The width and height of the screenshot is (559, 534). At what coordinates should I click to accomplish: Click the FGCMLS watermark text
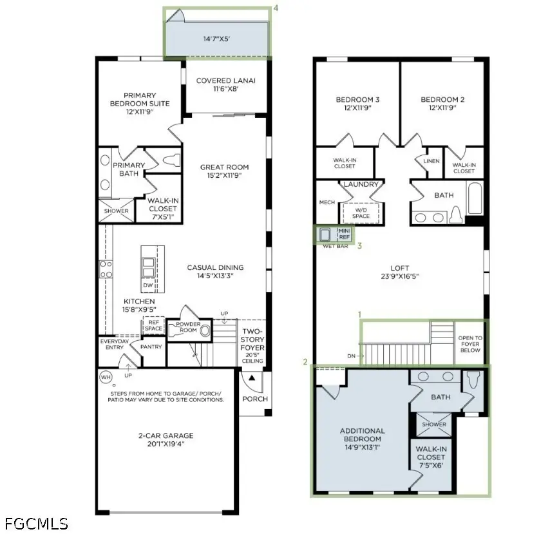click(x=36, y=524)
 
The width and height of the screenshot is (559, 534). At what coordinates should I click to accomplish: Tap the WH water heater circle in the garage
click(x=106, y=377)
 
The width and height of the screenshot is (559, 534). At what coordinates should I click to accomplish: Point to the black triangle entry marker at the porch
click(x=252, y=377)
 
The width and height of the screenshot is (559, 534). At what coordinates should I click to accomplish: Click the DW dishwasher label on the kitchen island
click(x=148, y=285)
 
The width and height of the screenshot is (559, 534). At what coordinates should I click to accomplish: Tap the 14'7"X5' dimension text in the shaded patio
click(x=216, y=39)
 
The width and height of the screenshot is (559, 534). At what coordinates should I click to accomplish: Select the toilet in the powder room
click(x=205, y=331)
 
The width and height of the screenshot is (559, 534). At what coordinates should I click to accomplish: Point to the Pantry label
click(x=151, y=347)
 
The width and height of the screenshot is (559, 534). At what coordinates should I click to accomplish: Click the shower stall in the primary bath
click(x=116, y=211)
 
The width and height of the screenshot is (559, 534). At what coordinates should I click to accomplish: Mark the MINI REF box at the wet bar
click(x=345, y=234)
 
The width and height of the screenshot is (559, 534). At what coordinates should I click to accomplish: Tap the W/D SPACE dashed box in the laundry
click(x=361, y=213)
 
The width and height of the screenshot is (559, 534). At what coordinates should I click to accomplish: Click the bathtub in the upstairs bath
click(x=475, y=198)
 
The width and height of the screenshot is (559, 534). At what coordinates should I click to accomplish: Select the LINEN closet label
click(x=431, y=161)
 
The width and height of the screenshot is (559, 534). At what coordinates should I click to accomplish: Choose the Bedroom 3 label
click(x=357, y=104)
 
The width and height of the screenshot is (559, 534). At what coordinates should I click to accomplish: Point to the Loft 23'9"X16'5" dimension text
click(x=400, y=276)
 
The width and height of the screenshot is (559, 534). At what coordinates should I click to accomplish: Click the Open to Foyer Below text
click(x=470, y=344)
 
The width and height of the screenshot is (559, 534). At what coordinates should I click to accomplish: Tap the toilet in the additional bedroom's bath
click(x=473, y=379)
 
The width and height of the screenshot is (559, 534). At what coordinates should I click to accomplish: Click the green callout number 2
click(x=305, y=362)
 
